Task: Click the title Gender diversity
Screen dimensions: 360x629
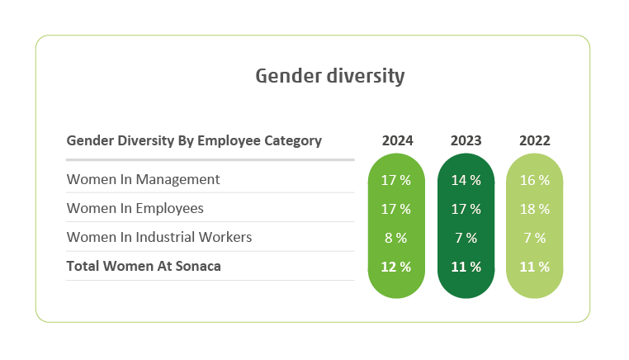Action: (x=329, y=77)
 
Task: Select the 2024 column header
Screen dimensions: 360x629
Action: (x=397, y=140)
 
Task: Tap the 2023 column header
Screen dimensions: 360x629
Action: (x=466, y=140)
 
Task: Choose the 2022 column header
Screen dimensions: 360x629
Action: (x=534, y=140)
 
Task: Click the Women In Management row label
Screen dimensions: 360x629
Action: (x=143, y=179)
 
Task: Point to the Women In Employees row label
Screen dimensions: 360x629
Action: (x=135, y=208)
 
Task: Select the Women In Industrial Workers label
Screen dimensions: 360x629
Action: (x=158, y=237)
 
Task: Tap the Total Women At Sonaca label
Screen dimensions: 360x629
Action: (x=143, y=266)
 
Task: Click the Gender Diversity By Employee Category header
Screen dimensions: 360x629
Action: (x=194, y=140)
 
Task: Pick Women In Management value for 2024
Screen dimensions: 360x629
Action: (x=397, y=180)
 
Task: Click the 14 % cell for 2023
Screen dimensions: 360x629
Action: (x=466, y=180)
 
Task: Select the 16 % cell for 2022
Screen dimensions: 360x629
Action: (x=534, y=180)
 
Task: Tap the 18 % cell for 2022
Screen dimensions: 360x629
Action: (x=534, y=209)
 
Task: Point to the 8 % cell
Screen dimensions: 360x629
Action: (x=397, y=238)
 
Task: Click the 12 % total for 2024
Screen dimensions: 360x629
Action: (x=397, y=267)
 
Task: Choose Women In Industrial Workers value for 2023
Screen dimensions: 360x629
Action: (x=466, y=238)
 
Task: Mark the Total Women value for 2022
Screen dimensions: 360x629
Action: (x=534, y=267)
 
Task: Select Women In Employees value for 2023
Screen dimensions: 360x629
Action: (x=466, y=209)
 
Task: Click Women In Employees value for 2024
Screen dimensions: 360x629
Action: (x=397, y=209)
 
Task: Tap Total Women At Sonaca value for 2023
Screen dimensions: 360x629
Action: (x=466, y=267)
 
